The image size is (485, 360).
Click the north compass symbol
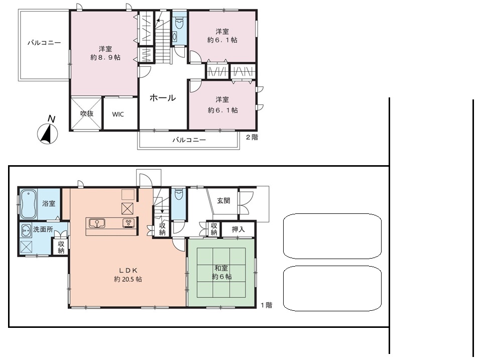click(x=48, y=134)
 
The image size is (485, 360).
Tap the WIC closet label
click(x=118, y=114)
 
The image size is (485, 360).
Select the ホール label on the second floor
click(x=163, y=98)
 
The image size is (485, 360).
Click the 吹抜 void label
click(x=87, y=113)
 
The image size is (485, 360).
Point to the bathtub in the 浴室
click(x=28, y=204)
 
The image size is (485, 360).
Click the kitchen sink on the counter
click(x=97, y=223)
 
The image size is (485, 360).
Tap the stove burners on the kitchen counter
click(x=129, y=223)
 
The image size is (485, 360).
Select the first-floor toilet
click(x=179, y=194)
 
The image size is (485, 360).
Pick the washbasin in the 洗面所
click(x=26, y=231)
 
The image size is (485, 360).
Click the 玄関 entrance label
click(x=223, y=200)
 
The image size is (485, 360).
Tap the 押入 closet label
click(x=238, y=229)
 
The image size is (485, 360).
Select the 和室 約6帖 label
click(x=222, y=273)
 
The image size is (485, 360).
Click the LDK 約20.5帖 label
click(x=128, y=275)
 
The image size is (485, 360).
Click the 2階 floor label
click(x=252, y=137)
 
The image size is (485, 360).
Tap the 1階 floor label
click(x=266, y=305)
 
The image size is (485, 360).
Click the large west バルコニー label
click(x=44, y=43)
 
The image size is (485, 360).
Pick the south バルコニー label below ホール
click(x=189, y=140)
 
